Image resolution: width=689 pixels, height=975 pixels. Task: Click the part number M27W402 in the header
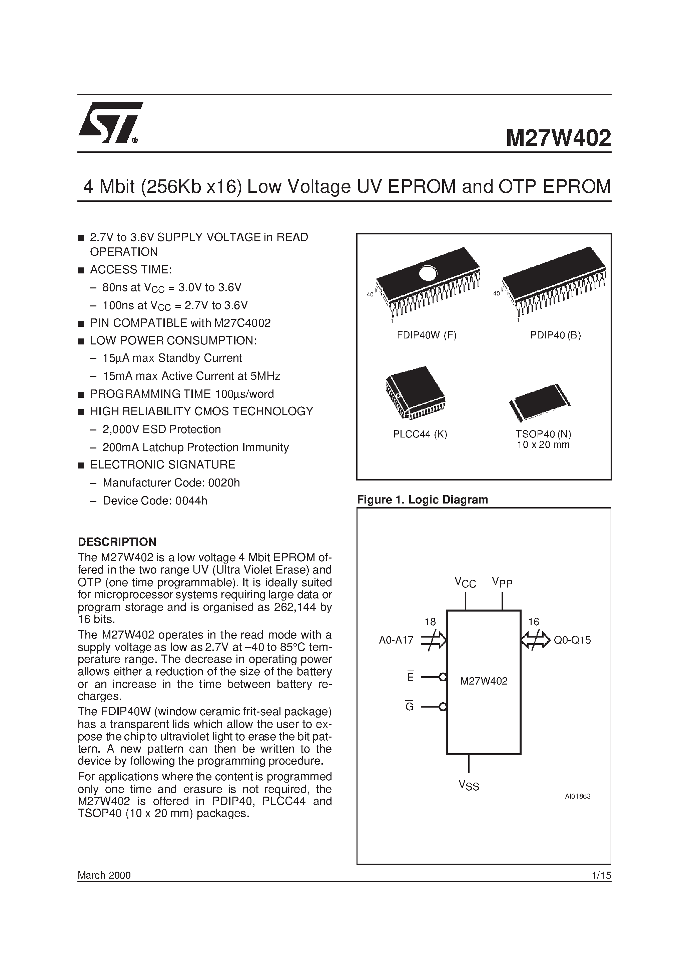click(x=558, y=138)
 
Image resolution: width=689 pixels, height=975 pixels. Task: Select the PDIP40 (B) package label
click(x=555, y=335)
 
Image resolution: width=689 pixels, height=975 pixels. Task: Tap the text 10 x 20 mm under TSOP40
click(x=543, y=444)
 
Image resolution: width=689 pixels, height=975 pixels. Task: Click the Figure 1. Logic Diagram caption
click(x=422, y=500)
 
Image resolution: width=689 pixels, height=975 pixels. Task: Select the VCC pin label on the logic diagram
click(x=465, y=583)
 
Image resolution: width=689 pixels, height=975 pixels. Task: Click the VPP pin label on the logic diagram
click(x=502, y=583)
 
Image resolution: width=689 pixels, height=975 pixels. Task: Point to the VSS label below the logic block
click(x=469, y=786)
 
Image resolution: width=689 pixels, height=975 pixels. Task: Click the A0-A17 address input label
click(x=396, y=640)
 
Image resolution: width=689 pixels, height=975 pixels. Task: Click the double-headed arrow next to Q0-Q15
click(x=535, y=640)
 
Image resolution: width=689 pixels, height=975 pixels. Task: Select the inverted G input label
click(x=410, y=706)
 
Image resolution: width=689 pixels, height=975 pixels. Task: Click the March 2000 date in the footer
click(x=104, y=875)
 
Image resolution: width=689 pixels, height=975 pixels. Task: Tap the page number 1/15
click(x=601, y=875)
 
